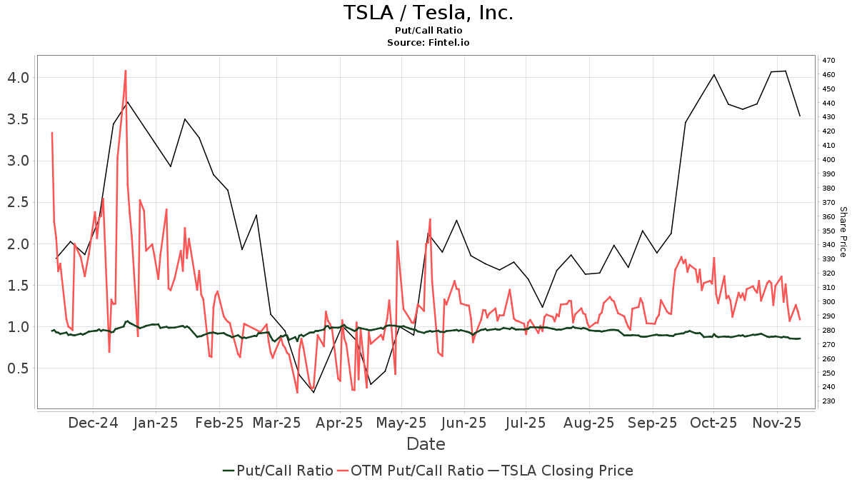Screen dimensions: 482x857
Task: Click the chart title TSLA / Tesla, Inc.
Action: (x=428, y=13)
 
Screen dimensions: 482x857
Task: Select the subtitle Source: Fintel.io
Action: (x=428, y=42)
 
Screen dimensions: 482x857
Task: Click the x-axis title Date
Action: (x=426, y=444)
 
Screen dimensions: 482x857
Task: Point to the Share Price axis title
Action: (x=843, y=231)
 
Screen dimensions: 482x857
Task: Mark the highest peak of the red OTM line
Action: (x=126, y=70)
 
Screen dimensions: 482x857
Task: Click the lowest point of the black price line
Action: (x=314, y=392)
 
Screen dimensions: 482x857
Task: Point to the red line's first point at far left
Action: (x=52, y=132)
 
